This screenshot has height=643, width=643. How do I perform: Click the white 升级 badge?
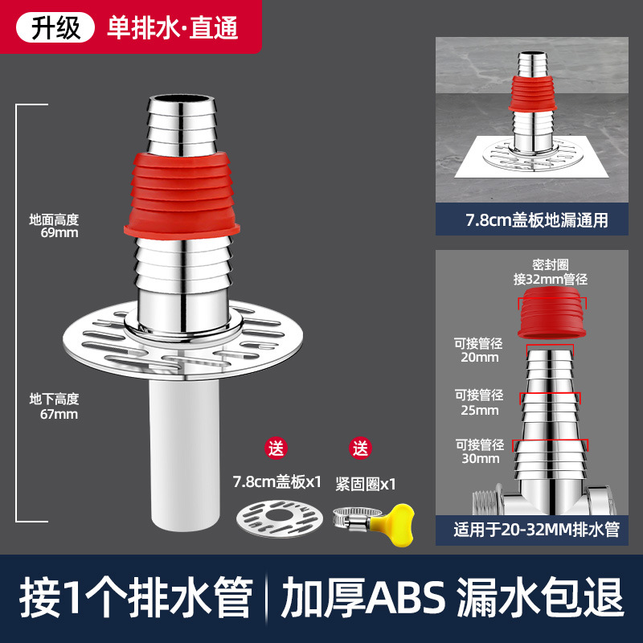tap(55, 28)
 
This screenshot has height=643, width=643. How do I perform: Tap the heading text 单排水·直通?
tap(173, 28)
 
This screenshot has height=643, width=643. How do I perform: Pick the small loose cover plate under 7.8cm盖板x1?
tap(280, 518)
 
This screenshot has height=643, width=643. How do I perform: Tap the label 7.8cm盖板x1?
tap(277, 481)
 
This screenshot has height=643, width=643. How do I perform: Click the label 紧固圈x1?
tap(366, 485)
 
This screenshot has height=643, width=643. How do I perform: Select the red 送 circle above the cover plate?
tap(276, 448)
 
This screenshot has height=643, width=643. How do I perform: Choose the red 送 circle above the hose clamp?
tap(360, 448)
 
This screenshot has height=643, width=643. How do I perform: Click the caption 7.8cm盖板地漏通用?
tap(537, 220)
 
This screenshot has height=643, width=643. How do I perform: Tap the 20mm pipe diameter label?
tap(478, 350)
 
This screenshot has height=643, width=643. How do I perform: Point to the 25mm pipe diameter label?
tap(479, 403)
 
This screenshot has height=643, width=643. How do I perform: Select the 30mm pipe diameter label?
tap(480, 452)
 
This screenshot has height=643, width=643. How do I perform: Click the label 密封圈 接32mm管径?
tap(551, 272)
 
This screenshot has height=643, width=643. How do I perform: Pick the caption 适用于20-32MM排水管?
tap(536, 530)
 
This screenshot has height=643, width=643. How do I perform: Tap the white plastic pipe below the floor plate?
tap(184, 454)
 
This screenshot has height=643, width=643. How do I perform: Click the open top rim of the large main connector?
tap(182, 100)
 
